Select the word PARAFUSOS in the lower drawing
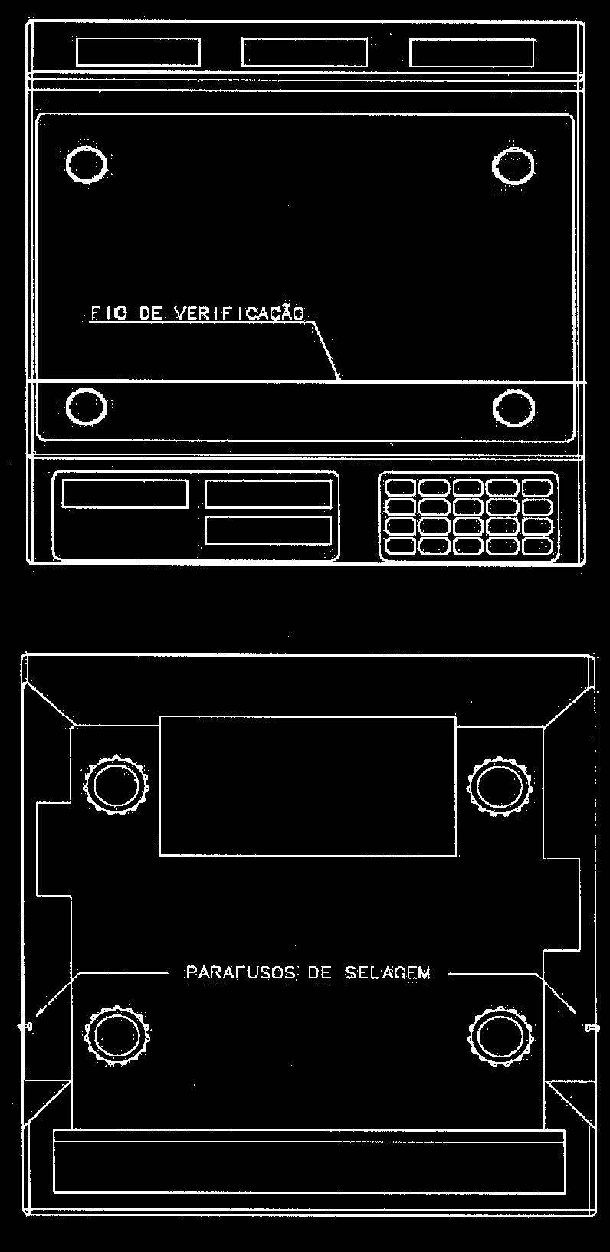[x=241, y=973]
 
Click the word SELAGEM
[x=388, y=973]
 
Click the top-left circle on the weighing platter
[x=86, y=164]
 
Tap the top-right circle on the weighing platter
[x=513, y=166]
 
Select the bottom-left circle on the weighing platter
[x=86, y=406]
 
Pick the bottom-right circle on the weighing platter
[x=513, y=408]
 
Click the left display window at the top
[x=138, y=52]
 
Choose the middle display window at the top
[x=305, y=53]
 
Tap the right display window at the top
[x=471, y=53]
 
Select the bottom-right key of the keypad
[x=537, y=546]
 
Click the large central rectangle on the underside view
[x=307, y=786]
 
